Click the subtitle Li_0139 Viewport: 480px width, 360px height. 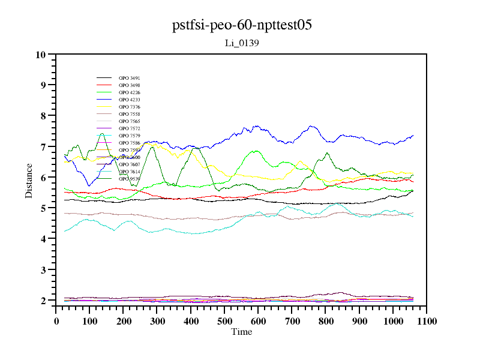tap(241, 43)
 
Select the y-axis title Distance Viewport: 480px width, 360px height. tap(29, 180)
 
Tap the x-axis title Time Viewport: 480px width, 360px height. tap(241, 332)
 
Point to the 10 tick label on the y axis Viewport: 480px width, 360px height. tap(41, 55)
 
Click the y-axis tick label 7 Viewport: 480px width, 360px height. tap(43, 147)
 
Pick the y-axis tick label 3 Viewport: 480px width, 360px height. tap(43, 270)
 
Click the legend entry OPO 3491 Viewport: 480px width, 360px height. tap(130, 78)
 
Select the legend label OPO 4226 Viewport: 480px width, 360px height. tap(130, 92)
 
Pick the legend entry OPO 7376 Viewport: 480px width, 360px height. tap(130, 107)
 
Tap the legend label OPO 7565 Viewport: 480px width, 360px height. tap(130, 121)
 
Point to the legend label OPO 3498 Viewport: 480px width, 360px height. tap(130, 85)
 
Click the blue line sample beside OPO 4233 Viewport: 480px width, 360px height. tap(104, 100)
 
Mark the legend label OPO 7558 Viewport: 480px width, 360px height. tap(130, 114)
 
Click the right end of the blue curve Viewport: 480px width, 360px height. tap(413, 136)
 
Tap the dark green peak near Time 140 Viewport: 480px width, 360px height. tap(102, 133)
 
